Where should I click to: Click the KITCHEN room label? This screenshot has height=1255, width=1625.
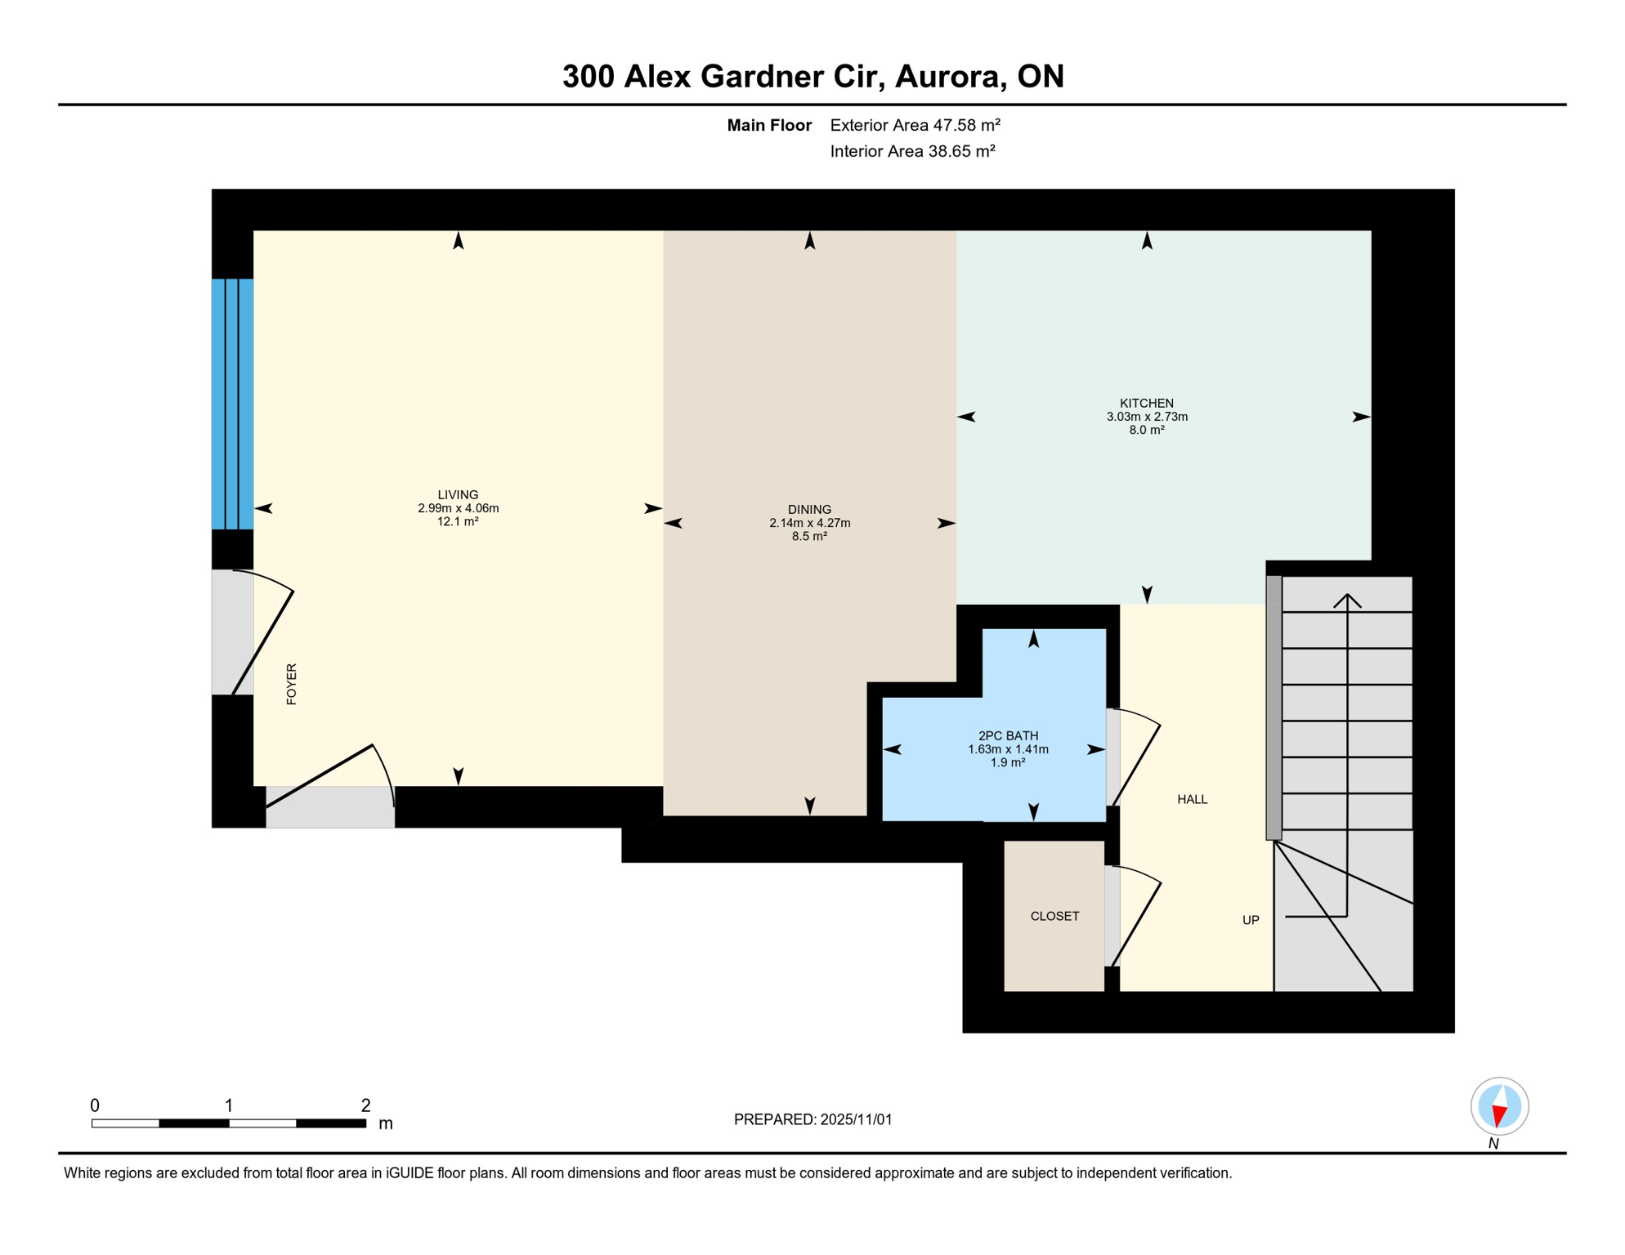coord(1146,403)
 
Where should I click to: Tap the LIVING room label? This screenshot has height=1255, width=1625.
coord(458,494)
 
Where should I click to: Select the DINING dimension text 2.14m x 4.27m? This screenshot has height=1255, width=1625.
coord(809,523)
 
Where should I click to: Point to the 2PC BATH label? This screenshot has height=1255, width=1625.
coord(1008,735)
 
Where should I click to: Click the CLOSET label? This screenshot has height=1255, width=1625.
coord(1054,916)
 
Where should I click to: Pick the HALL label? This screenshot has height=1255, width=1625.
coord(1192,799)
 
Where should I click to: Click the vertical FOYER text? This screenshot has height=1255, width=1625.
coord(292,684)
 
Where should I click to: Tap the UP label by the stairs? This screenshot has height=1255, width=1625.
coord(1250,920)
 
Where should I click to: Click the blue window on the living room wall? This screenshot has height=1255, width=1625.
coord(232,404)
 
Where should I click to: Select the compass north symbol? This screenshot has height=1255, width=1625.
coord(1499,1107)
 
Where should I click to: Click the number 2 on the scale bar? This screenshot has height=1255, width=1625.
coord(365,1105)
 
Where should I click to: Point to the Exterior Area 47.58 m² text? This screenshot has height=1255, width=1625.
coord(915,125)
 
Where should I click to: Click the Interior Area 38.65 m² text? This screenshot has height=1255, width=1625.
coord(912,151)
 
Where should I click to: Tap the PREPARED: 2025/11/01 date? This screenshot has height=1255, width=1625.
coord(812,1119)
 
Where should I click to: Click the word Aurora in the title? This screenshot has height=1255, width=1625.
coord(949,76)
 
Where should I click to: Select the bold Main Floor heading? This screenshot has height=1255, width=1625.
coord(768,125)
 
